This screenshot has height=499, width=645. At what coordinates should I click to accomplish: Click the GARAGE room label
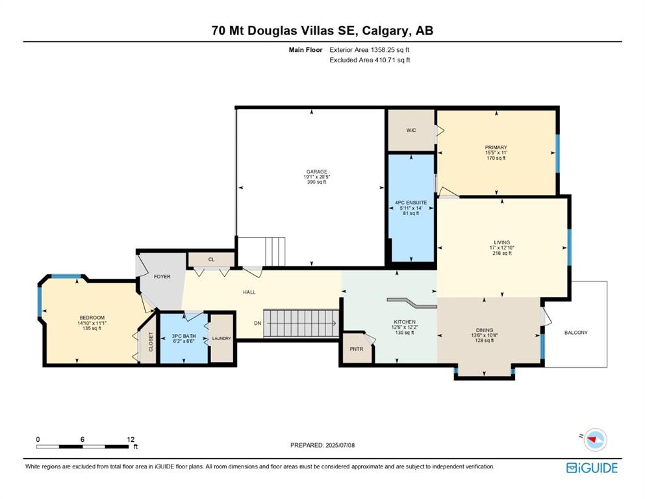[x=317, y=172]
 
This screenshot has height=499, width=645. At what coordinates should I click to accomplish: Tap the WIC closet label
[x=411, y=130]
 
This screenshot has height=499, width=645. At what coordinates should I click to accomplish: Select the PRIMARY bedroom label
[x=496, y=147]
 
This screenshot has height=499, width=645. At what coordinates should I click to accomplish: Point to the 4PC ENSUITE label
[x=411, y=203]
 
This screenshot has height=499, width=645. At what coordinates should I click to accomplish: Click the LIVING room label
[x=502, y=242]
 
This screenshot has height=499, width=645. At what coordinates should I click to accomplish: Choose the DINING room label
[x=485, y=330]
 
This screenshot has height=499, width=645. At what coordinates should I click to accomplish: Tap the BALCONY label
[x=576, y=333]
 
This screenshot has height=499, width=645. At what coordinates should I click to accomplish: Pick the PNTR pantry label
[x=356, y=349]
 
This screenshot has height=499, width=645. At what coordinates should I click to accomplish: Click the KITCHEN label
[x=405, y=322]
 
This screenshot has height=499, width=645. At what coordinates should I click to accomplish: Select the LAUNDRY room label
[x=221, y=338]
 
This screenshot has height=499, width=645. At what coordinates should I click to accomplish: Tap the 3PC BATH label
[x=183, y=336]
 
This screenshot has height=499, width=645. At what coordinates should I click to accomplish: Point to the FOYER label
[x=162, y=276]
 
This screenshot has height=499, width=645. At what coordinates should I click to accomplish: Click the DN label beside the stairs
[x=257, y=324]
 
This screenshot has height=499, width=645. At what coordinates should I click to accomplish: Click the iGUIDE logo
[x=592, y=468]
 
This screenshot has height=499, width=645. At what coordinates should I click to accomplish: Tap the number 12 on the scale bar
[x=131, y=439]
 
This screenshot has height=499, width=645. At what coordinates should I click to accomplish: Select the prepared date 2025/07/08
[x=340, y=445]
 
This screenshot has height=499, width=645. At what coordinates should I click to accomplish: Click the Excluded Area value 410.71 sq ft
[x=392, y=60]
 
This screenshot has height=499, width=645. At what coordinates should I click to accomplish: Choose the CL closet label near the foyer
[x=212, y=260]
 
